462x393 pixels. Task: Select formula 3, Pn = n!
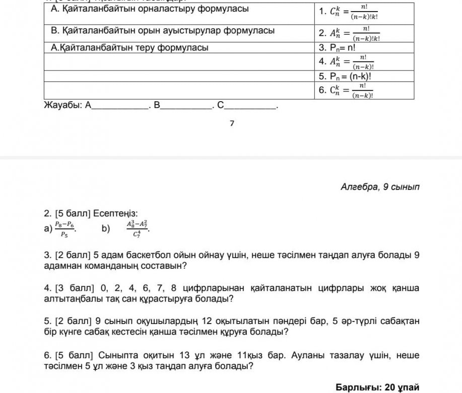tap(337, 48)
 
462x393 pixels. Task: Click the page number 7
tap(232, 123)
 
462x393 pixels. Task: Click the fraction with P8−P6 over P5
tap(64, 229)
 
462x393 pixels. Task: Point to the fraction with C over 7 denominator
tap(137, 229)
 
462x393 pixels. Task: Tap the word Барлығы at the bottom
tap(358, 387)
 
